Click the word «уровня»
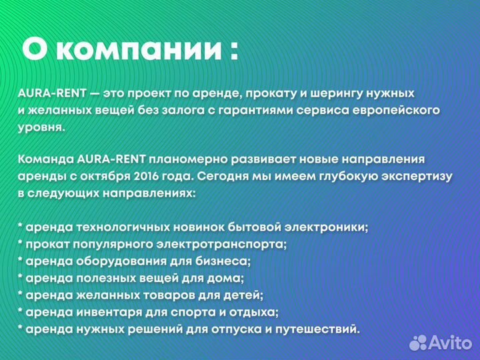tap(41, 126)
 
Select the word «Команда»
tap(46, 159)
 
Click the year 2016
tap(151, 177)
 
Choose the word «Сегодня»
tap(220, 177)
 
